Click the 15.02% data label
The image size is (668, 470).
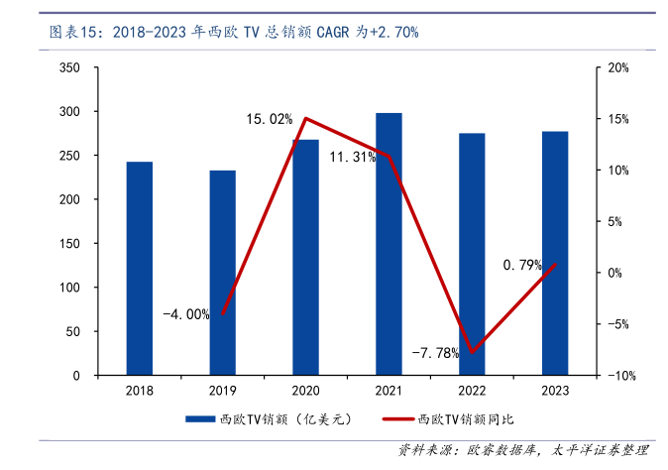[270, 119]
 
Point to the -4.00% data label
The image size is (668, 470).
[186, 314]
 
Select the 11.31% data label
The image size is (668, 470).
[352, 157]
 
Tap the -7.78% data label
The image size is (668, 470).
[435, 352]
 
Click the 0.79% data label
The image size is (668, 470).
[522, 265]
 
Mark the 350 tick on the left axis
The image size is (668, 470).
[69, 67]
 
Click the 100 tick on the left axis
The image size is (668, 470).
[69, 288]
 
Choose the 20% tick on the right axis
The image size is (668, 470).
[618, 67]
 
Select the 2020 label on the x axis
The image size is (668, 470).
[305, 392]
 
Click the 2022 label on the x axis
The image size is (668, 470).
[472, 392]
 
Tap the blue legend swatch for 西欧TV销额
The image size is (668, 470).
[201, 420]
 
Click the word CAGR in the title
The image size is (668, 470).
[335, 32]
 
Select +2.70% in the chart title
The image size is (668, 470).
[393, 32]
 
